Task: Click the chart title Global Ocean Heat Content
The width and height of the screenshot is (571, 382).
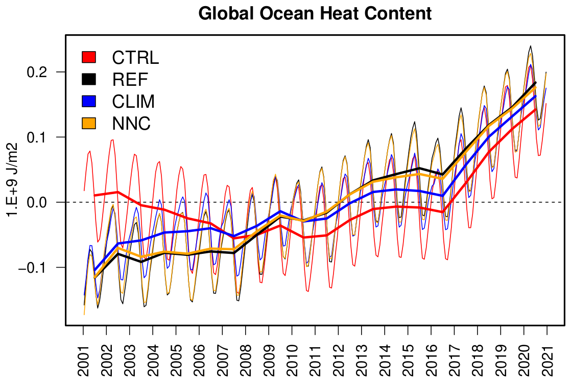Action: coord(315,13)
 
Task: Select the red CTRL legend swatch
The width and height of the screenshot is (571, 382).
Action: coord(89,57)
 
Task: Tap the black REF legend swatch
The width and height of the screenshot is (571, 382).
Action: coord(89,79)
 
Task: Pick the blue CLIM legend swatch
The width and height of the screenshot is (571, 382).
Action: coord(89,101)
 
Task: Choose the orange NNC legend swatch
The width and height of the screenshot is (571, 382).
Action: coord(89,123)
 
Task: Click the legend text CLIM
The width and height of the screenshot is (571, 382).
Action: coord(133,102)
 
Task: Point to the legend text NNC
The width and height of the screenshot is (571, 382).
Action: coord(131,124)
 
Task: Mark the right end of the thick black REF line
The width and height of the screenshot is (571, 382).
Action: coord(535,83)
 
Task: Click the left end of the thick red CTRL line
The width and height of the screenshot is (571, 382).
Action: coord(95,195)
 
